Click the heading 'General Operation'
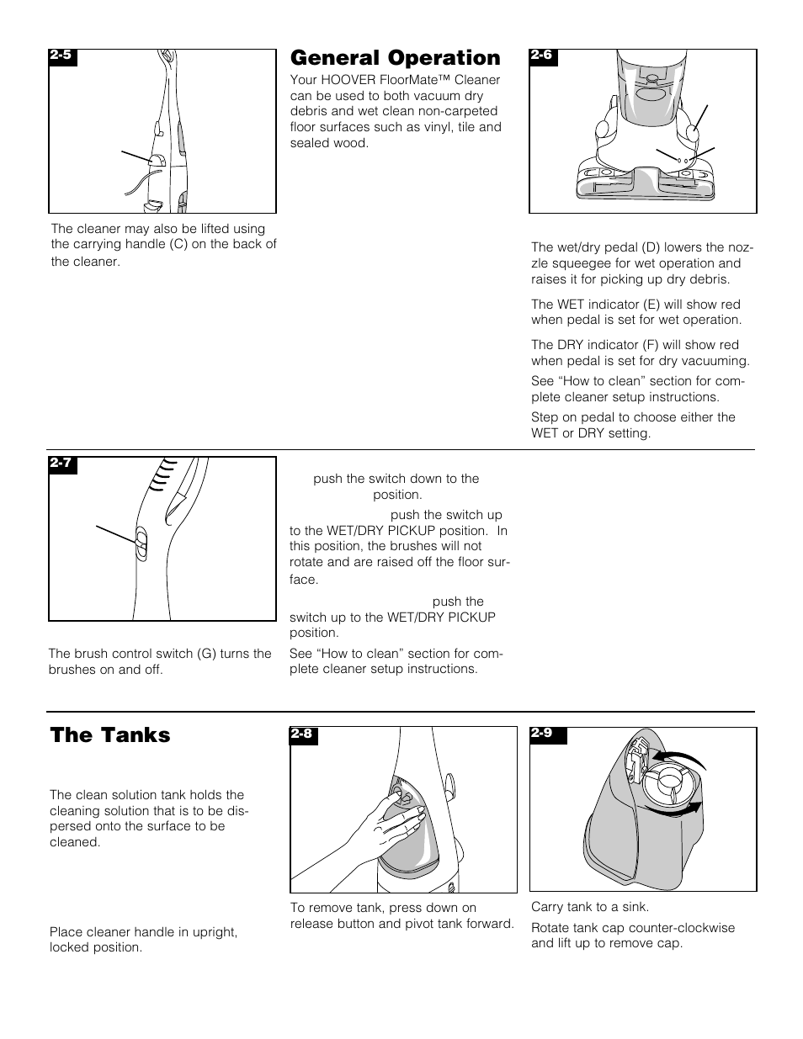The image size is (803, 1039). (395, 58)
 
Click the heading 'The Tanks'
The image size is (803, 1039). (110, 735)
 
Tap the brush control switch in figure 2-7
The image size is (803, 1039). (141, 543)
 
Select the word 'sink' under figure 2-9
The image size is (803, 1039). (635, 907)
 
